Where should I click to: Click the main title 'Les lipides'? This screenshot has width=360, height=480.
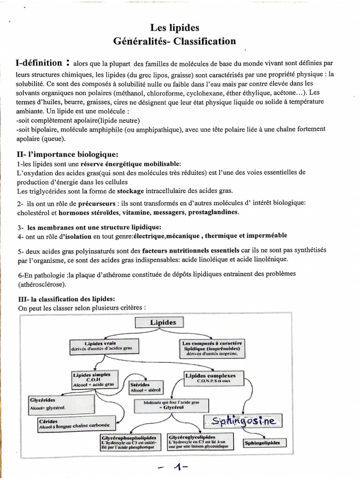point(174,28)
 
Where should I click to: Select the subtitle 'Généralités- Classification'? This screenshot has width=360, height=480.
point(174,41)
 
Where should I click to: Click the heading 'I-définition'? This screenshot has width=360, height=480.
point(39,63)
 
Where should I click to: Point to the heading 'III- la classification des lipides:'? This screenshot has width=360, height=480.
point(66,299)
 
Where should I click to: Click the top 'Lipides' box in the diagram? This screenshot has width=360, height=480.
point(163,322)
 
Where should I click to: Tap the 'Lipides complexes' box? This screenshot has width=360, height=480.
point(210,378)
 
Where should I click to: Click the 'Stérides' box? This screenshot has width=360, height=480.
point(145,386)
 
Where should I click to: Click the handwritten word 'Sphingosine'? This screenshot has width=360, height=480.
point(244,421)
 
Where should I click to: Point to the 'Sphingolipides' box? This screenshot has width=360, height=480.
point(262,442)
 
